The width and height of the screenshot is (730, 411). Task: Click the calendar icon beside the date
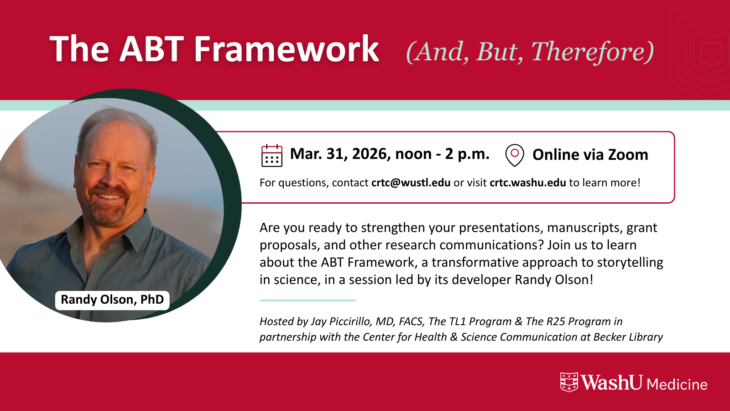click(272, 156)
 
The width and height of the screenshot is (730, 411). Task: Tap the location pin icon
click(515, 155)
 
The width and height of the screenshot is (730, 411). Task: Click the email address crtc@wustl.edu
click(411, 183)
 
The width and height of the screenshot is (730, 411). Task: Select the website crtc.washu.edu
click(527, 183)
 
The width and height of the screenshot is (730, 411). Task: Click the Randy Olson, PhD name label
click(112, 300)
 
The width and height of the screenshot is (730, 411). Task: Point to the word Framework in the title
click(286, 49)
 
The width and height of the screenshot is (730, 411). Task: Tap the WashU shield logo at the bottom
click(569, 382)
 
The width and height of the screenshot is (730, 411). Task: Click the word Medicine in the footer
click(677, 385)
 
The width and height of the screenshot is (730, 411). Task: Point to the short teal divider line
click(308, 300)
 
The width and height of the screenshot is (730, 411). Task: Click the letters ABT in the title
click(152, 49)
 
